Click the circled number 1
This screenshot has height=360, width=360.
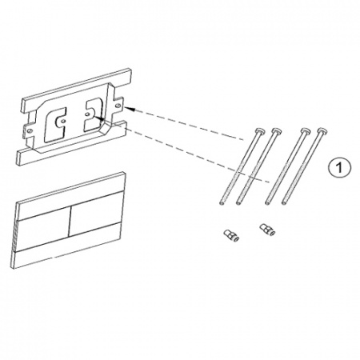(339, 167)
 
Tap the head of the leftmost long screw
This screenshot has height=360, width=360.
(260, 130)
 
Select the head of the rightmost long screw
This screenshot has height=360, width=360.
(323, 131)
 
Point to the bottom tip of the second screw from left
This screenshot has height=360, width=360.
(238, 203)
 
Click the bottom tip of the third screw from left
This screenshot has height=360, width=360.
(268, 203)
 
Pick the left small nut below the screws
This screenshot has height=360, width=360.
(230, 234)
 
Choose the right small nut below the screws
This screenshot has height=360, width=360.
(267, 230)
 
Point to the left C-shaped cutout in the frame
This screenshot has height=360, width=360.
(55, 124)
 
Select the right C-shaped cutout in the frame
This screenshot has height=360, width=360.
(94, 114)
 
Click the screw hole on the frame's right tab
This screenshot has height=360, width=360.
(118, 105)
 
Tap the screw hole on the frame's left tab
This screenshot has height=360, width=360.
(30, 131)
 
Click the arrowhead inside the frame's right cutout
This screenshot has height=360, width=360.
(99, 118)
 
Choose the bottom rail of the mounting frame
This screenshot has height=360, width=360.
(71, 143)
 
